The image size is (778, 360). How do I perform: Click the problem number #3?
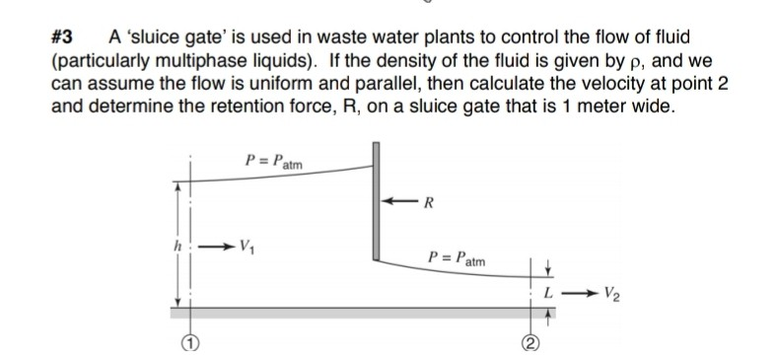tap(62, 38)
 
